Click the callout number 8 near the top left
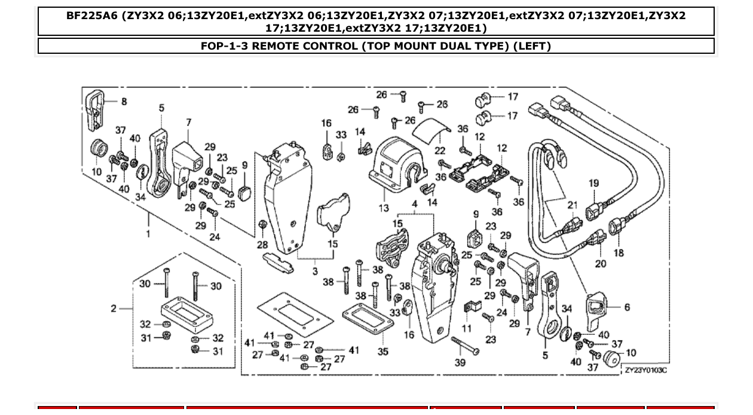tap(124, 102)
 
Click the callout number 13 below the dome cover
tap(383, 208)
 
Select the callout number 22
tap(440, 150)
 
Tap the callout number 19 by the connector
tap(593, 183)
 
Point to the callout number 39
tap(460, 363)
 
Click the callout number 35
tap(382, 352)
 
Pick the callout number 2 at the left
tap(114, 309)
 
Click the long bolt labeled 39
tap(466, 346)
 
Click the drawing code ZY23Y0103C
tap(645, 371)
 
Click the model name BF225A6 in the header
tap(92, 16)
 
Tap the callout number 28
tap(262, 245)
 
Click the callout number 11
tap(467, 328)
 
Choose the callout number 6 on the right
tap(627, 307)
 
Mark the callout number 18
tap(618, 252)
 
